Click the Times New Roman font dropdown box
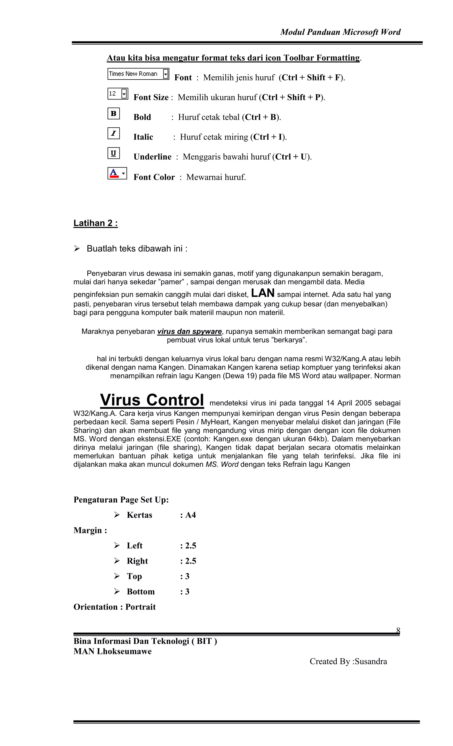tap(138, 74)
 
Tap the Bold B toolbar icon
tap(113, 113)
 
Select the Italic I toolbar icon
tap(113, 133)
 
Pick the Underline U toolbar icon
tap(113, 153)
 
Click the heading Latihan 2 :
tap(95, 223)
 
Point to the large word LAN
tap(263, 293)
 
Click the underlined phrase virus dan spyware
tap(189, 331)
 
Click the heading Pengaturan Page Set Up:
tap(121, 500)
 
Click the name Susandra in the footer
tap(371, 661)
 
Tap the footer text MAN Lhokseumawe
tap(112, 651)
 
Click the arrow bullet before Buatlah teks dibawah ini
tap(77, 249)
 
